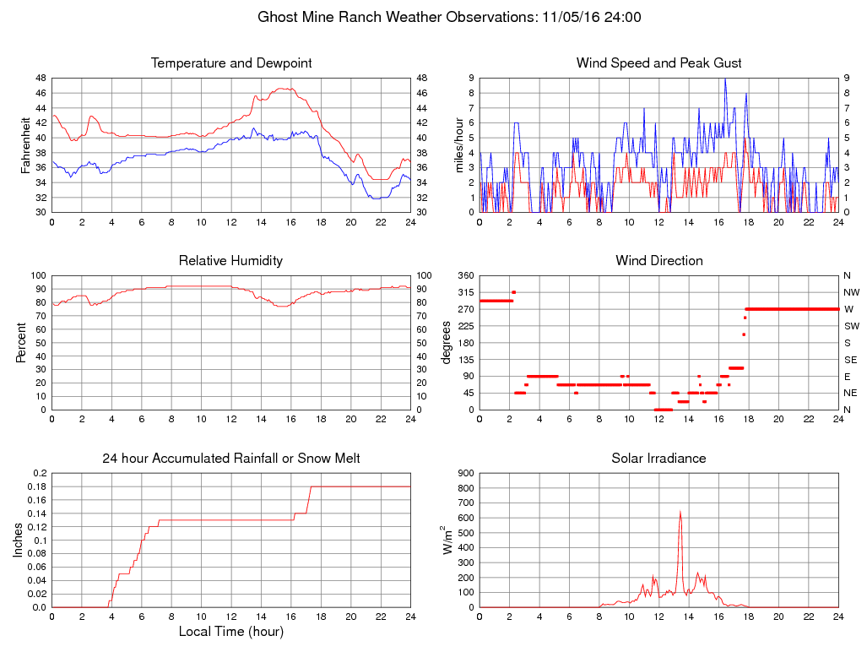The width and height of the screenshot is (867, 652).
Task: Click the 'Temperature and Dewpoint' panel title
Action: pos(231,63)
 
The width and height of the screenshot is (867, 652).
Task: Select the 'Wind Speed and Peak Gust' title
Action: pos(658,63)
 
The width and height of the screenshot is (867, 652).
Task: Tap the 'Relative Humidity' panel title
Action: pos(230,261)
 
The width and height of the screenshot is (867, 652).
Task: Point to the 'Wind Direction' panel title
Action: pos(658,261)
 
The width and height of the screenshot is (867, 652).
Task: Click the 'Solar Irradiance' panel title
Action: pos(658,459)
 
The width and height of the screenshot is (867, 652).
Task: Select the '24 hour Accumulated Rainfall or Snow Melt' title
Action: pos(231,459)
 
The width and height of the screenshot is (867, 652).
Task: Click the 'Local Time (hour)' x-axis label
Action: pos(230,631)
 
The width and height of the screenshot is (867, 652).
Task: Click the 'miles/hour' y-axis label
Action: pos(459,144)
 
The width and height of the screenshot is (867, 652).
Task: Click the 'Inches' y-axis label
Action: pos(18,541)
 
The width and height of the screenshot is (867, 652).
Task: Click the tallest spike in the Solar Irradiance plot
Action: pos(680,511)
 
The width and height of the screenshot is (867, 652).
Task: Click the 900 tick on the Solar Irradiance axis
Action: pos(463,473)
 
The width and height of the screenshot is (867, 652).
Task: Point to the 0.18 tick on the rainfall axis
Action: pos(37,486)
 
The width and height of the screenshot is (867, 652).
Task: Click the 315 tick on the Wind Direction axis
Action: pos(463,292)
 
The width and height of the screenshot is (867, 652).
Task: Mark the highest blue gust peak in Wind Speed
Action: pos(724,79)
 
